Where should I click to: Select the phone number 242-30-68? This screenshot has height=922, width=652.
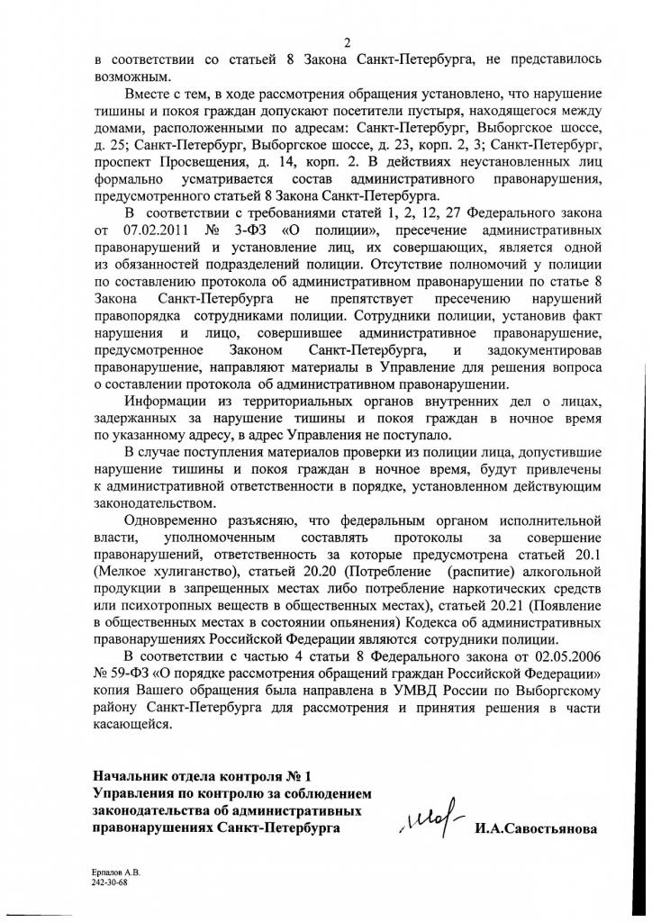[x=109, y=883]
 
